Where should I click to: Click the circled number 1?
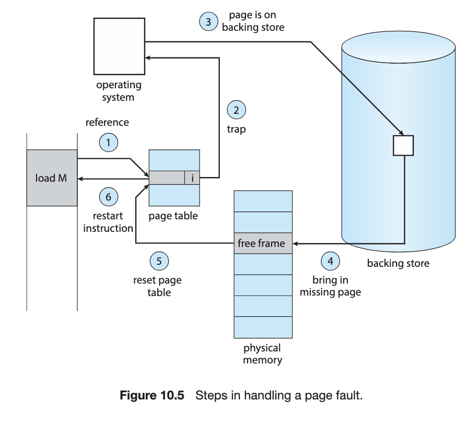[x=109, y=143]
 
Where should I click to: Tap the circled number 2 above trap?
[x=236, y=110]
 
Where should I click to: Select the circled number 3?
[x=208, y=21]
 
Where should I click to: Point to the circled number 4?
[x=330, y=261]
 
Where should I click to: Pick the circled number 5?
[x=159, y=261]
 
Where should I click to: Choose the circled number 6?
[x=109, y=196]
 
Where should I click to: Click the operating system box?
[x=119, y=46]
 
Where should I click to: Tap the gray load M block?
[x=52, y=178]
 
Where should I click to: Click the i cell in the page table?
[x=192, y=178]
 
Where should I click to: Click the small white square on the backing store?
[x=403, y=146]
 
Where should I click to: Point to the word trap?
[x=236, y=129]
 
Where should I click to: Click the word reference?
[x=107, y=122]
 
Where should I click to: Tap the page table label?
[x=173, y=216]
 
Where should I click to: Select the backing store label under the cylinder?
[x=398, y=263]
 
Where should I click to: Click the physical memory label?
[x=262, y=354]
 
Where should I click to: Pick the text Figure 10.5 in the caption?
[x=152, y=395]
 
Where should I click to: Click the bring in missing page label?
[x=330, y=286]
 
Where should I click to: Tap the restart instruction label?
[x=108, y=222]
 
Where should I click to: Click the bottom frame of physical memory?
[x=263, y=327]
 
